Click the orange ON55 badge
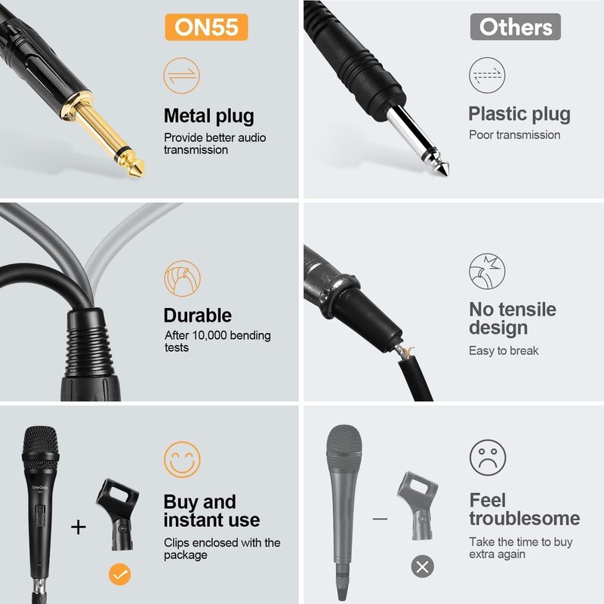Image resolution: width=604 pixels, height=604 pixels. click(x=206, y=27)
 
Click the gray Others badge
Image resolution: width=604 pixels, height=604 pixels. click(x=516, y=27)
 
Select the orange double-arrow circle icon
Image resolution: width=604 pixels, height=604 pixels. click(x=181, y=75)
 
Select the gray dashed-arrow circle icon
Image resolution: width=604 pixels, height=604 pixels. click(x=487, y=75)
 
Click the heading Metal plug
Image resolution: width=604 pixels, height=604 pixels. click(x=209, y=116)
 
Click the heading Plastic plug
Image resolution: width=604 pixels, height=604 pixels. click(x=519, y=114)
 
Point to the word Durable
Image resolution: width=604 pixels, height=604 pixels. click(x=198, y=316)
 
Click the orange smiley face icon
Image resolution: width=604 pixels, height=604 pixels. click(x=182, y=460)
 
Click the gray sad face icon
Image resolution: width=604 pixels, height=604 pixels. click(x=488, y=458)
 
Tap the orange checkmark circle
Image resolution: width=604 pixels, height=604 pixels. click(x=120, y=575)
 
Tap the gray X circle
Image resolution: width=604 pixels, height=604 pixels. click(x=423, y=567)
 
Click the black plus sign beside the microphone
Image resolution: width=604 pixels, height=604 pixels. click(x=79, y=527)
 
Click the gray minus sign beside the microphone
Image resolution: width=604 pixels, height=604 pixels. click(x=381, y=519)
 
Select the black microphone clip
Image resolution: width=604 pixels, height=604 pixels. click(x=117, y=514)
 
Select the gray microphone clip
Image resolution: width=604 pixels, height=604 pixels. click(x=418, y=505)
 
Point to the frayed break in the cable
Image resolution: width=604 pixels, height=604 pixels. click(x=405, y=351)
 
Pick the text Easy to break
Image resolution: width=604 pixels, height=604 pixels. click(x=504, y=351)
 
